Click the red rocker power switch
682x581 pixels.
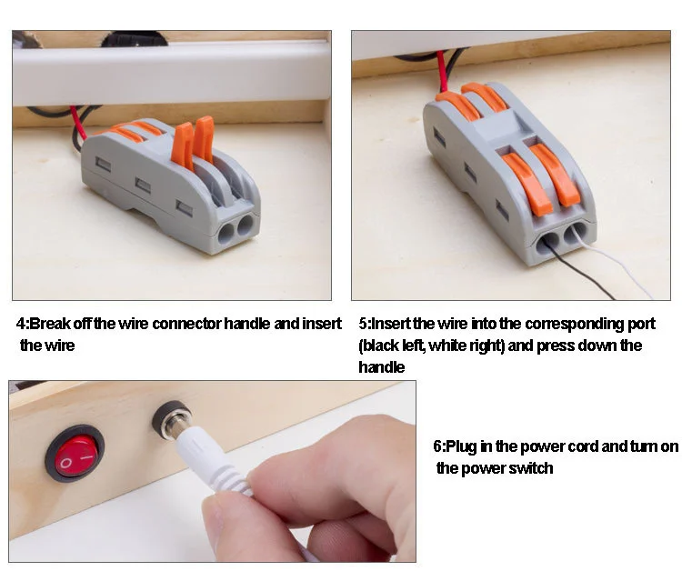(x=75, y=454)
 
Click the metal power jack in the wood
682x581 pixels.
(x=171, y=420)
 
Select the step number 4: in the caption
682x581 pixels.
(x=22, y=324)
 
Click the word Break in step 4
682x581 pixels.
(x=50, y=324)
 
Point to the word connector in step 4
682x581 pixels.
(x=187, y=324)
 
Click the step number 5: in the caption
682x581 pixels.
(x=365, y=324)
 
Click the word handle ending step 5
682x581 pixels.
(x=381, y=367)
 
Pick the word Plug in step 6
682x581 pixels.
(x=461, y=447)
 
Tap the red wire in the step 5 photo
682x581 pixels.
(x=442, y=72)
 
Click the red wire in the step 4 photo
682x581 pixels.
(x=79, y=123)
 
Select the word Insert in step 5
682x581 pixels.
(x=391, y=324)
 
